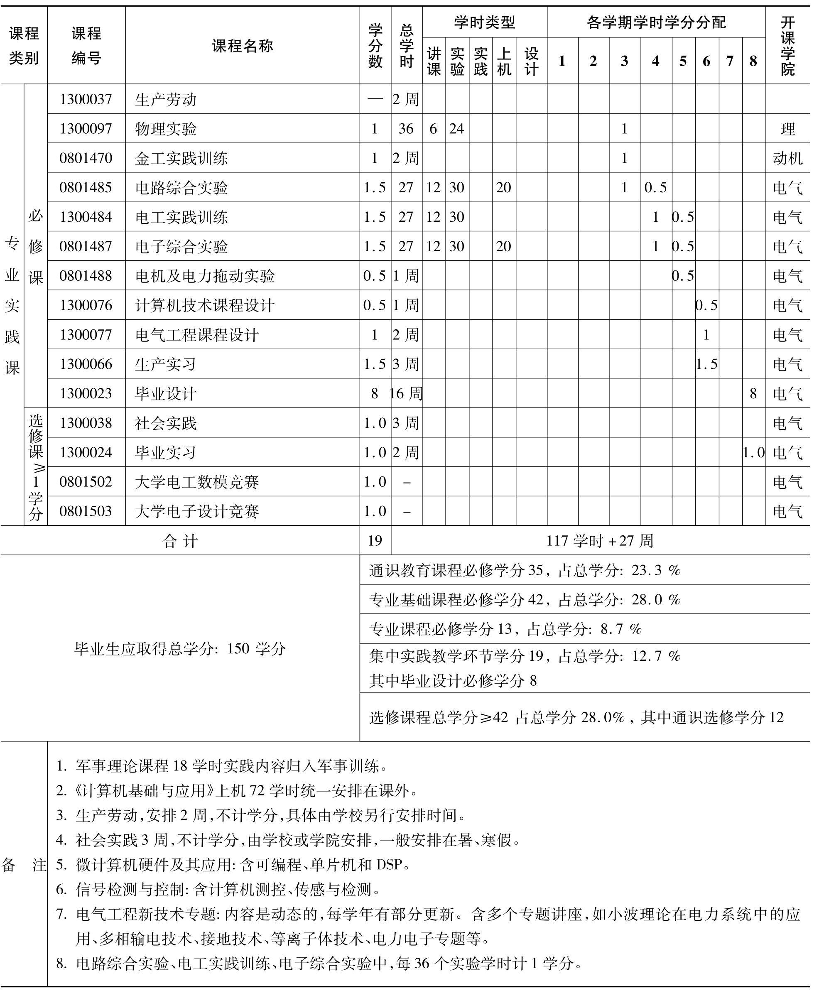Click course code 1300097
pos(86,129)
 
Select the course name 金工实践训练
pos(181,158)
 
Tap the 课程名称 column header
pos(243,46)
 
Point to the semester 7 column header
pos(730,61)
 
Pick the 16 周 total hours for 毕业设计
pos(406,393)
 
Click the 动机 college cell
pos(787,158)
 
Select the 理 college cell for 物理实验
pos(787,129)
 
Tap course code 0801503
pos(86,511)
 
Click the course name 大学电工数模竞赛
pos(197,481)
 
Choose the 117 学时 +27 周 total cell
pos(600,540)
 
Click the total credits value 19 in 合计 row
pos(375,540)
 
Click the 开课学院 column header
pos(787,46)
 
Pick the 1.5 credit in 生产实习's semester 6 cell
pos(706,364)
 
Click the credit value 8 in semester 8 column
pos(753,393)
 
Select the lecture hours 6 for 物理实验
pos(433,129)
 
